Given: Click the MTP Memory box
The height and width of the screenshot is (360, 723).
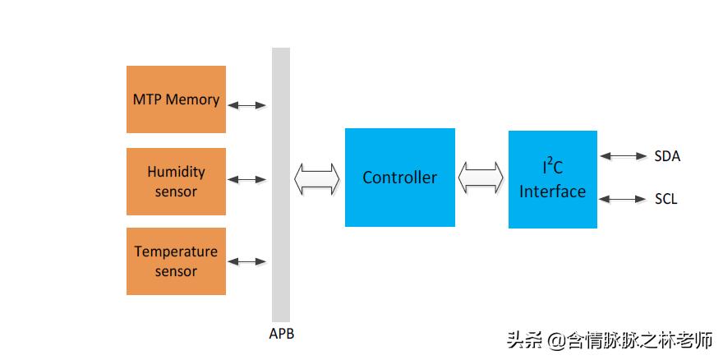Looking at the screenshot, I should click(176, 99).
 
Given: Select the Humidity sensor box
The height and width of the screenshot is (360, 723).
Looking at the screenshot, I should click(176, 181).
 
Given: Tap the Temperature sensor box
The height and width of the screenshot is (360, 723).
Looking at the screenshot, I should click(176, 261).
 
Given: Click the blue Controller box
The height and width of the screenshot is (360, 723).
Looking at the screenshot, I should click(399, 178).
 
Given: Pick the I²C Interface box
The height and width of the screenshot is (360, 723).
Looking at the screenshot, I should click(552, 179).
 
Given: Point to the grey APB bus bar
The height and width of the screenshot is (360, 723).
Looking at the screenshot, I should click(281, 185).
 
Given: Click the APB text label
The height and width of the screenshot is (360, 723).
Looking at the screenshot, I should click(281, 334).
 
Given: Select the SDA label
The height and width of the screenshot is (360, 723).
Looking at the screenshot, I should click(667, 156).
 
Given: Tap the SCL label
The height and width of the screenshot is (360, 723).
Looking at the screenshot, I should click(666, 200).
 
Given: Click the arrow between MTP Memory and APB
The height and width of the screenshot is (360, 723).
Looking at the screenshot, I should click(247, 105).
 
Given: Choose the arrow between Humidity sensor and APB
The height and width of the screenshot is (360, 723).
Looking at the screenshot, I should click(247, 179).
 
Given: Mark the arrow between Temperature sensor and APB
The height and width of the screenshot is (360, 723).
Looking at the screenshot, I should click(247, 261).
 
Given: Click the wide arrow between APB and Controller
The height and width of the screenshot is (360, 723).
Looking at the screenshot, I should click(317, 178).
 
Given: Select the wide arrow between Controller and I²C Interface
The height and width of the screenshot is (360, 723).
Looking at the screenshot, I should click(481, 178).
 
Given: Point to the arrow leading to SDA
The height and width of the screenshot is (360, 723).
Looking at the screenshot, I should click(624, 155).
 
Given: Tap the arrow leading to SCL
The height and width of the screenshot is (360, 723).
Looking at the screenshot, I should click(624, 199).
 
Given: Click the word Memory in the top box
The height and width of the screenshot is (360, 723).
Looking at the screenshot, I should click(193, 99).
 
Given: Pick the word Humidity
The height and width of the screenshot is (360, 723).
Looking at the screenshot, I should click(176, 172).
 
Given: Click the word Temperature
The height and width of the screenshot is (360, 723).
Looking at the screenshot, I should click(176, 252).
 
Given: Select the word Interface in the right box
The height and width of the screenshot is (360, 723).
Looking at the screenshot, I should click(552, 192).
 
